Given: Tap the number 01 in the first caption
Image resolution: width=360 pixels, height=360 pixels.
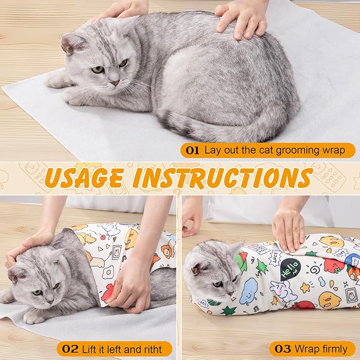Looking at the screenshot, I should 192,150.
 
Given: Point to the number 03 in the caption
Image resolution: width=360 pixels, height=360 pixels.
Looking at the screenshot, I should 281,348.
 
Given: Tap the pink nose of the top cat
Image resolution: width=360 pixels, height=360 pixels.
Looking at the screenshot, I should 115,83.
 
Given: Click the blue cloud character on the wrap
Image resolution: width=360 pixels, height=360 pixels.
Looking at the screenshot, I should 249,291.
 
